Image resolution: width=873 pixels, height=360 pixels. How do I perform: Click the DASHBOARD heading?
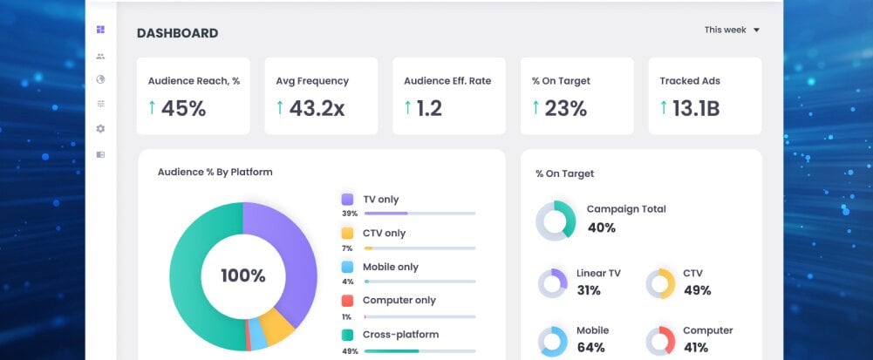[x=178, y=33]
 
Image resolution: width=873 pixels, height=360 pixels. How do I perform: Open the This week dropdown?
[x=732, y=30]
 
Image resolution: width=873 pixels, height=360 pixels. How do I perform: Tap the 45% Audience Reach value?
[x=184, y=108]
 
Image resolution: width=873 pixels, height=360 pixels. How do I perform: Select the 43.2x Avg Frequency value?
[x=317, y=108]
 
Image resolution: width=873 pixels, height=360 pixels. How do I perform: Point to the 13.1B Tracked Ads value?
[x=696, y=108]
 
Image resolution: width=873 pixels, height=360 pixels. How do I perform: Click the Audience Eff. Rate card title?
[x=447, y=81]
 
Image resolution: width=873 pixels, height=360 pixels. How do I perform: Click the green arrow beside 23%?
[x=535, y=107]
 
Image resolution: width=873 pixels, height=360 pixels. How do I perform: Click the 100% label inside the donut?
[x=243, y=276]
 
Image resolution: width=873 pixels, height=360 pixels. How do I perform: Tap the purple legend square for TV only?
[x=347, y=200]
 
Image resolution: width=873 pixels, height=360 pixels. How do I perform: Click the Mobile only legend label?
[x=391, y=267]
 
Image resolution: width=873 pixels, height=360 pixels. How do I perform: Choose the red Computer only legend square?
[x=347, y=301]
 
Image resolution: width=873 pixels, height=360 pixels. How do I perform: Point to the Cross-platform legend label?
[x=401, y=335]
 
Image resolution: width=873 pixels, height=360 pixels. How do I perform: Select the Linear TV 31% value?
[x=589, y=290]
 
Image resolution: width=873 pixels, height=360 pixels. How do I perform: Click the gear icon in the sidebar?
[x=100, y=128]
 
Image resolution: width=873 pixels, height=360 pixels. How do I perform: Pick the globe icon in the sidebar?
[x=100, y=79]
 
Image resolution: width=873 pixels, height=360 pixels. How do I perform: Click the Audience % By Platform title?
[x=215, y=172]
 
